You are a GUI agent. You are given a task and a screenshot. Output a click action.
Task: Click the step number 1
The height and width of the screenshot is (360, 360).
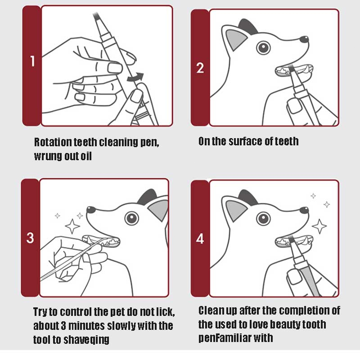(x=32, y=61)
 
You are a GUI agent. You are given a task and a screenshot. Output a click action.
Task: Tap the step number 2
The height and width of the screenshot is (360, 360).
(x=200, y=68)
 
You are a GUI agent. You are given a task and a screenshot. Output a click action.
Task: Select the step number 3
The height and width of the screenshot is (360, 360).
(x=30, y=238)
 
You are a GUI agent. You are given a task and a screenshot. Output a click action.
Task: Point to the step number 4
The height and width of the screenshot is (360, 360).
(x=200, y=239)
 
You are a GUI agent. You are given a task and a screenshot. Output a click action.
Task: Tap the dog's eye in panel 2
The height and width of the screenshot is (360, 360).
(x=263, y=48)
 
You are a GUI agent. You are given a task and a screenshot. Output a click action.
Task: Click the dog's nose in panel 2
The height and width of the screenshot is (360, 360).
(x=304, y=39)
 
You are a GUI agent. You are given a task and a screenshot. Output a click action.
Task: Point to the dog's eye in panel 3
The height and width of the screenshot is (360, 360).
(x=131, y=218)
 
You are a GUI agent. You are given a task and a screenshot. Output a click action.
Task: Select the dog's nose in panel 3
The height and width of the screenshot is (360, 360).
(x=91, y=209)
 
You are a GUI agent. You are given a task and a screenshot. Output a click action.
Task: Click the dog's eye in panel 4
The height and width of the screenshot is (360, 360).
(x=263, y=218)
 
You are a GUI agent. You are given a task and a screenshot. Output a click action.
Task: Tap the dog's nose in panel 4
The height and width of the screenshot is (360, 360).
(x=304, y=210)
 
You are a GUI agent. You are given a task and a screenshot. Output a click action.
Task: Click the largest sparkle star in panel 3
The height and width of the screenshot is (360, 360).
(x=72, y=226)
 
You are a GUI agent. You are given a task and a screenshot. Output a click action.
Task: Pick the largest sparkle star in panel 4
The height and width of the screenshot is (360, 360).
(x=319, y=226)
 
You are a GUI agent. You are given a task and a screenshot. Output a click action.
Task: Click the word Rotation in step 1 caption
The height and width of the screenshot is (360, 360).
(x=53, y=142)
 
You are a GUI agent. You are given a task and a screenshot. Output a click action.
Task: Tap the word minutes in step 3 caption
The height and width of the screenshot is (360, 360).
(x=86, y=326)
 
